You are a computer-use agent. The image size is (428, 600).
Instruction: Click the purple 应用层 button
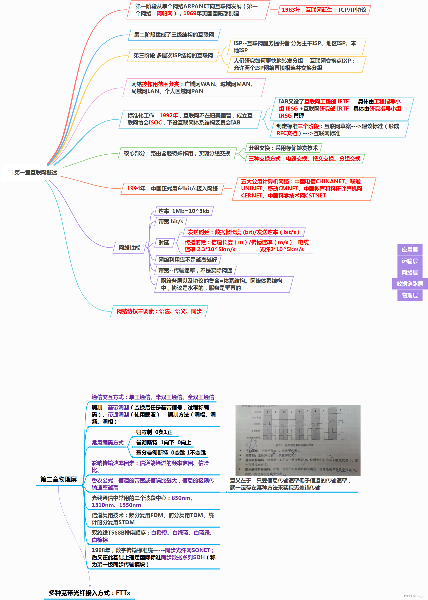409,249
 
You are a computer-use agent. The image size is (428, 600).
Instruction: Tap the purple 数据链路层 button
409,284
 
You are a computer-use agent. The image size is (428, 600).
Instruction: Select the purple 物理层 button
409,295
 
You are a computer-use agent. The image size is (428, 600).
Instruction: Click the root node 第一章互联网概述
35,173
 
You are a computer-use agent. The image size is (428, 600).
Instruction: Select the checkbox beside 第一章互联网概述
10,173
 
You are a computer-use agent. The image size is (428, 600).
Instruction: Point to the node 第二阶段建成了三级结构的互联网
174,35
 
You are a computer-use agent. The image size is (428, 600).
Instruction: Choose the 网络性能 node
129,248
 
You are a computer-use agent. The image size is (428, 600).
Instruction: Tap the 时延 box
164,243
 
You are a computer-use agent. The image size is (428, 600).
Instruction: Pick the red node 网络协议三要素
159,311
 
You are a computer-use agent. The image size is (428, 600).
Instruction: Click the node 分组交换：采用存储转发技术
283,148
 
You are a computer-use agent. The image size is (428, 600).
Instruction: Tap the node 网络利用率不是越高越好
187,260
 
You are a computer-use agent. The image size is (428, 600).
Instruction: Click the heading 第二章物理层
58,479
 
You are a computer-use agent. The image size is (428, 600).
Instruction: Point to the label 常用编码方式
108,442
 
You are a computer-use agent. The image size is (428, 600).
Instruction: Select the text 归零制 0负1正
154,432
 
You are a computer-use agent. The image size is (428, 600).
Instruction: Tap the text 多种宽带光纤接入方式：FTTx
89,593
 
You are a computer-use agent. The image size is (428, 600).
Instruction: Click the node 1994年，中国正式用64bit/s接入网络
172,188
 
